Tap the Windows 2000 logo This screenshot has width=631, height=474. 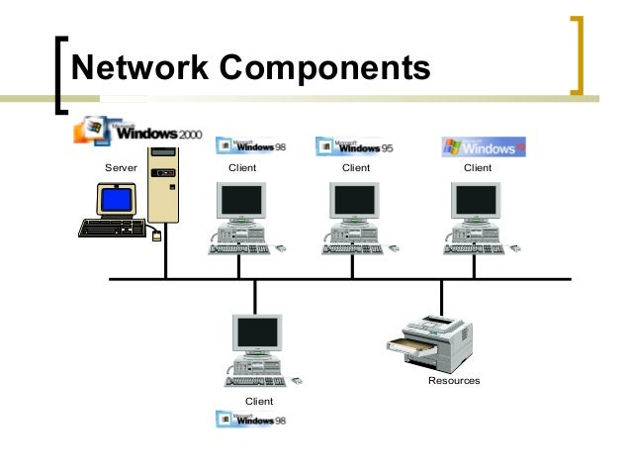pos(138,132)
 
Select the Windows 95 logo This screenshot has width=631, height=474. pos(354,146)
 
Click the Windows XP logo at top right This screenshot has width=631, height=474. pos(483,147)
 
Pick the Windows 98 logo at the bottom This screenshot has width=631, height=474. pos(250,419)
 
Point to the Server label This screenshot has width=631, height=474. pos(120,168)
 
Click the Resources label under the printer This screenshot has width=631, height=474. pos(453,380)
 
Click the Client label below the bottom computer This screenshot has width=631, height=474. pos(258,400)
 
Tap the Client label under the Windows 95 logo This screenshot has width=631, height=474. pos(355,168)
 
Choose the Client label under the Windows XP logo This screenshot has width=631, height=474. pos(478,168)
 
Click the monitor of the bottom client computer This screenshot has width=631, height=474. pos(256,333)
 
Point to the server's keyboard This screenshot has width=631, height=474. pos(111,228)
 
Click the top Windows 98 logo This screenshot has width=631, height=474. pos(250,146)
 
